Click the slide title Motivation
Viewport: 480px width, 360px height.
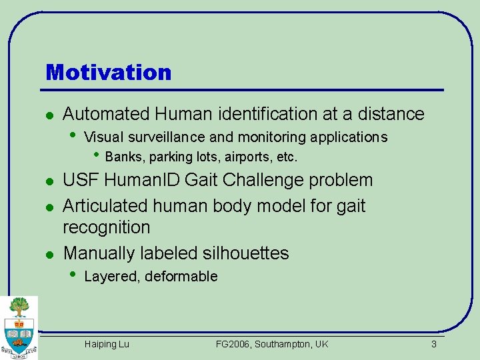coord(108,72)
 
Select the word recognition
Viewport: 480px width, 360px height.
coord(107,227)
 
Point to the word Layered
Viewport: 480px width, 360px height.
coord(111,277)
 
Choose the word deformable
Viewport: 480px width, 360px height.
coord(181,277)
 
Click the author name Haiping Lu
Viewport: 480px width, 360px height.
coord(107,344)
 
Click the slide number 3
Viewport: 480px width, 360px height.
coord(433,344)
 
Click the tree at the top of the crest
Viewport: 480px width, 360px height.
coord(19,307)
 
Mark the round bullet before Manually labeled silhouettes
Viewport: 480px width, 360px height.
coord(48,254)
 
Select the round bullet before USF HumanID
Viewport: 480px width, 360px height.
coord(48,181)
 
